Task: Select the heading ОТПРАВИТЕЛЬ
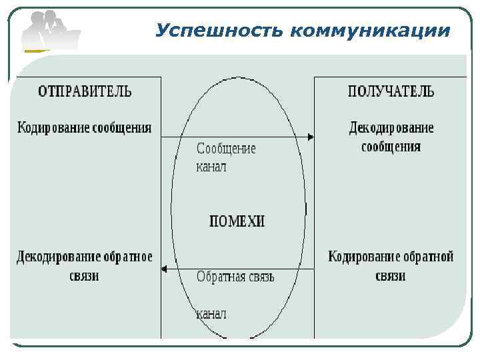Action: pyautogui.click(x=85, y=91)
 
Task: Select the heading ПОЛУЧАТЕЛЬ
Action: pyautogui.click(x=391, y=91)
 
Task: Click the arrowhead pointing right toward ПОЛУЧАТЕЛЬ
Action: pyautogui.click(x=310, y=137)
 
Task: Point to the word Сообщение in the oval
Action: pyautogui.click(x=226, y=149)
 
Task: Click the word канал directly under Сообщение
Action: pyautogui.click(x=211, y=166)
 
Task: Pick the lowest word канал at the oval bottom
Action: pyautogui.click(x=211, y=313)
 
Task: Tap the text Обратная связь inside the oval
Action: pyautogui.click(x=235, y=276)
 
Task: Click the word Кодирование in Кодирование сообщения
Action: pyautogui.click(x=51, y=127)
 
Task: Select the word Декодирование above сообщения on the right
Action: pyautogui.click(x=392, y=127)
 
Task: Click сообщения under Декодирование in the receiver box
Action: pyautogui.click(x=391, y=146)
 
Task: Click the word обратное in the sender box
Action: pyautogui.click(x=128, y=257)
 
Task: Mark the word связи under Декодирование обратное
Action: pyautogui.click(x=85, y=275)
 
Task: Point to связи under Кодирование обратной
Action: pyautogui.click(x=391, y=275)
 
